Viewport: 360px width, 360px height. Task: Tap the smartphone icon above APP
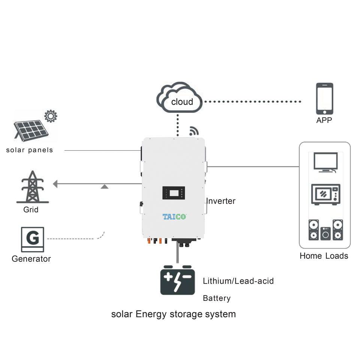coord(324,99)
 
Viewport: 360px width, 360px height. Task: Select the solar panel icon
coord(31,130)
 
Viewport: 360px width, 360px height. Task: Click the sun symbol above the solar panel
coord(51,116)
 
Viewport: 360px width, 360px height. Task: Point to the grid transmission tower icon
coord(33,187)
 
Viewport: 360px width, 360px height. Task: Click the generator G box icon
coord(32,240)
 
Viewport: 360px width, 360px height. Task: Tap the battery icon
coord(177,280)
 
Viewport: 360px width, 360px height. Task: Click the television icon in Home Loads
coord(325,162)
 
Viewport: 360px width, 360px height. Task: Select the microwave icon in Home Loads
coord(325,194)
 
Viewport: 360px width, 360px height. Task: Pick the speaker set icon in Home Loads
coord(325,230)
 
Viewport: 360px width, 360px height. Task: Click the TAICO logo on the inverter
coord(174,216)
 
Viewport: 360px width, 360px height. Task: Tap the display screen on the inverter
coord(174,193)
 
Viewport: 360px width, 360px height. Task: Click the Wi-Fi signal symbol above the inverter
coord(194,131)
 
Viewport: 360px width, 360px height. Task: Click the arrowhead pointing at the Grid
coord(55,184)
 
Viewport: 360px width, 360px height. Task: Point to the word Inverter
coord(221,201)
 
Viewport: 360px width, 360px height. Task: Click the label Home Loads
coord(324,256)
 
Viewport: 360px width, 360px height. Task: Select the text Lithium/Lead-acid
coord(238,281)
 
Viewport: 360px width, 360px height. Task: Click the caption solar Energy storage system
coord(174,314)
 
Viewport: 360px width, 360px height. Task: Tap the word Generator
coord(31,259)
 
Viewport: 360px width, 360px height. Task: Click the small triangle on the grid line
coord(105,187)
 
